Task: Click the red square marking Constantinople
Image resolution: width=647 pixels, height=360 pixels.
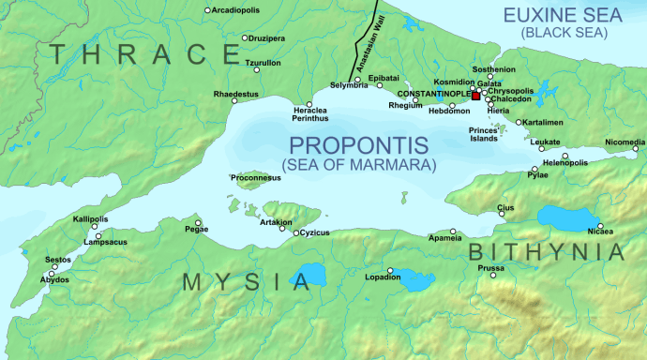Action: (475, 96)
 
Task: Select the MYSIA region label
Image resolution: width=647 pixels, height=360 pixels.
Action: (246, 281)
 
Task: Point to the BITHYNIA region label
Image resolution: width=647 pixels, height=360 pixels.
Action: (546, 251)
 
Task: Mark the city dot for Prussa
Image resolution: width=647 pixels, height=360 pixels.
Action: (493, 275)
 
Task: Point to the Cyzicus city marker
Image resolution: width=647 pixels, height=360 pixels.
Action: (295, 232)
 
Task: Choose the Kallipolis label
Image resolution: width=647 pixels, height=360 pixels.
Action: (91, 219)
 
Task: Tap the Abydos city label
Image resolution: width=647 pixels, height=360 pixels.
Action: (54, 280)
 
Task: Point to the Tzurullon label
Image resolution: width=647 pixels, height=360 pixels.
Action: (263, 63)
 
